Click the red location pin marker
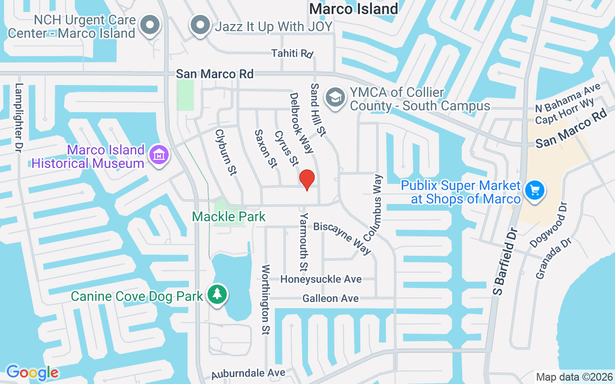coord(307,180)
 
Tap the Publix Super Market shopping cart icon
coord(534,190)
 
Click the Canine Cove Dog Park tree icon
coord(218,293)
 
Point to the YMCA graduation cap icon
coord(335,97)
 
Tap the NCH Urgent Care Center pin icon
coord(150,24)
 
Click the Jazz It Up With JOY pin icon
coord(200,24)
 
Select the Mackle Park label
coord(229,217)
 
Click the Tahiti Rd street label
coord(292,53)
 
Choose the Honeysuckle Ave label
coord(321,279)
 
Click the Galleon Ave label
coord(331,299)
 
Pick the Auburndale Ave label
coord(249,373)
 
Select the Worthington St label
coord(265,299)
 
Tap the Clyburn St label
coord(226,153)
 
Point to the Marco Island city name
coord(354,9)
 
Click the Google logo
coord(32,372)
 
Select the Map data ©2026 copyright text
coord(574,377)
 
